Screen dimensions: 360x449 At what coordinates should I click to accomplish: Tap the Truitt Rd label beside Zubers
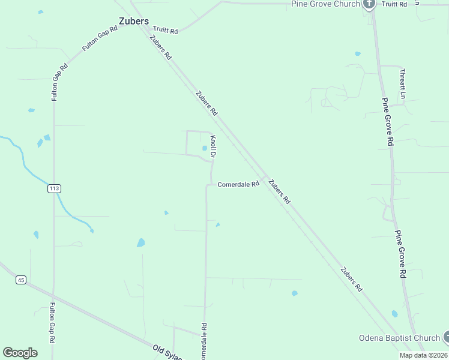coord(166,29)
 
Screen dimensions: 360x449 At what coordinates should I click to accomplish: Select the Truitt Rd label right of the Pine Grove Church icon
coord(394,4)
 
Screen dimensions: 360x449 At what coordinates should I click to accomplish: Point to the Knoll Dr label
coord(213,147)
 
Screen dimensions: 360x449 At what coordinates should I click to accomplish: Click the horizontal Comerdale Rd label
coord(238,184)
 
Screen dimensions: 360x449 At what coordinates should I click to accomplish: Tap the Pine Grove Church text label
coord(325,4)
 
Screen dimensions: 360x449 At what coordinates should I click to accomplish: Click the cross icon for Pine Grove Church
coord(369,4)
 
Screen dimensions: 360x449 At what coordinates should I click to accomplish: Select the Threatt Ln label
coord(403,83)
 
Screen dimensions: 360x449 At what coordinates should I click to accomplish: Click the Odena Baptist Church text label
coord(399,338)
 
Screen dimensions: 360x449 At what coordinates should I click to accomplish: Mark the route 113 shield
coord(54,188)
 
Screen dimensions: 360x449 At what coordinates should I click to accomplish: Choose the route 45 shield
coord(21,280)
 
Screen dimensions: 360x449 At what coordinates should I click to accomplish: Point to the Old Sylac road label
coord(167,350)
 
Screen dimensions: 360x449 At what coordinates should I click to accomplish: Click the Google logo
coord(20,353)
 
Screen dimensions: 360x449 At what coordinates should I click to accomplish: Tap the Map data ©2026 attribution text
coord(423,355)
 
